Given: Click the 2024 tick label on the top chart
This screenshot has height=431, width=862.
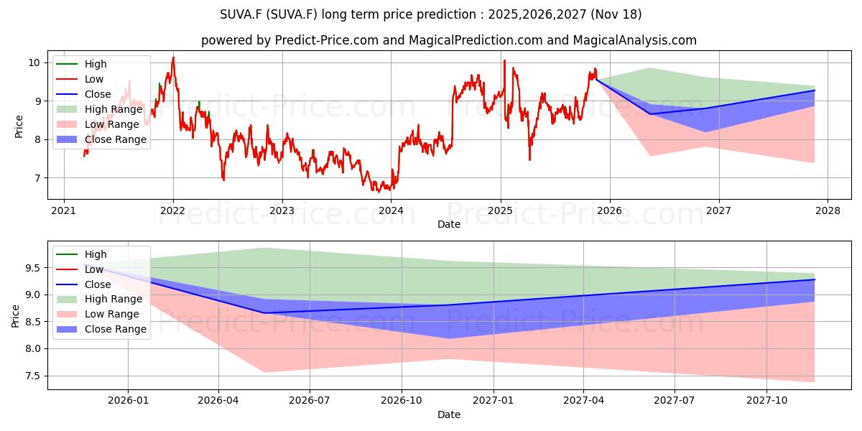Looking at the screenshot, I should [x=391, y=211].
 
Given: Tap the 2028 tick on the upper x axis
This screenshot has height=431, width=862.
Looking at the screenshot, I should [x=827, y=211].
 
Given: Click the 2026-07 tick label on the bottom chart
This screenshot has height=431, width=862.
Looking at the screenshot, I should [x=310, y=401].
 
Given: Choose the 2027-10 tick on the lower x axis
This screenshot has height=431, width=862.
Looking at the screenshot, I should [x=766, y=401].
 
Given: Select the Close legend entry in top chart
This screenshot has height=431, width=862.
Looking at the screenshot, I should [x=98, y=94].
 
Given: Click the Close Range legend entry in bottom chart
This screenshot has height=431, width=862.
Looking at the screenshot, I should [x=116, y=329].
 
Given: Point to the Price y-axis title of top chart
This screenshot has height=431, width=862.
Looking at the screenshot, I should [x=19, y=126].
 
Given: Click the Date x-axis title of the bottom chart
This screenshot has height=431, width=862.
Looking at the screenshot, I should [x=448, y=414].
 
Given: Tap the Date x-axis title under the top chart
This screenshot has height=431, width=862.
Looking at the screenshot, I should [x=448, y=225].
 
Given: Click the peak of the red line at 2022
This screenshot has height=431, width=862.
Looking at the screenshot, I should [x=172, y=57].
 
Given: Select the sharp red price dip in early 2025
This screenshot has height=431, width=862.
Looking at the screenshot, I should [x=530, y=159].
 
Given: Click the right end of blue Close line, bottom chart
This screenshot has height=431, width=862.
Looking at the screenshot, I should [x=815, y=279].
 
